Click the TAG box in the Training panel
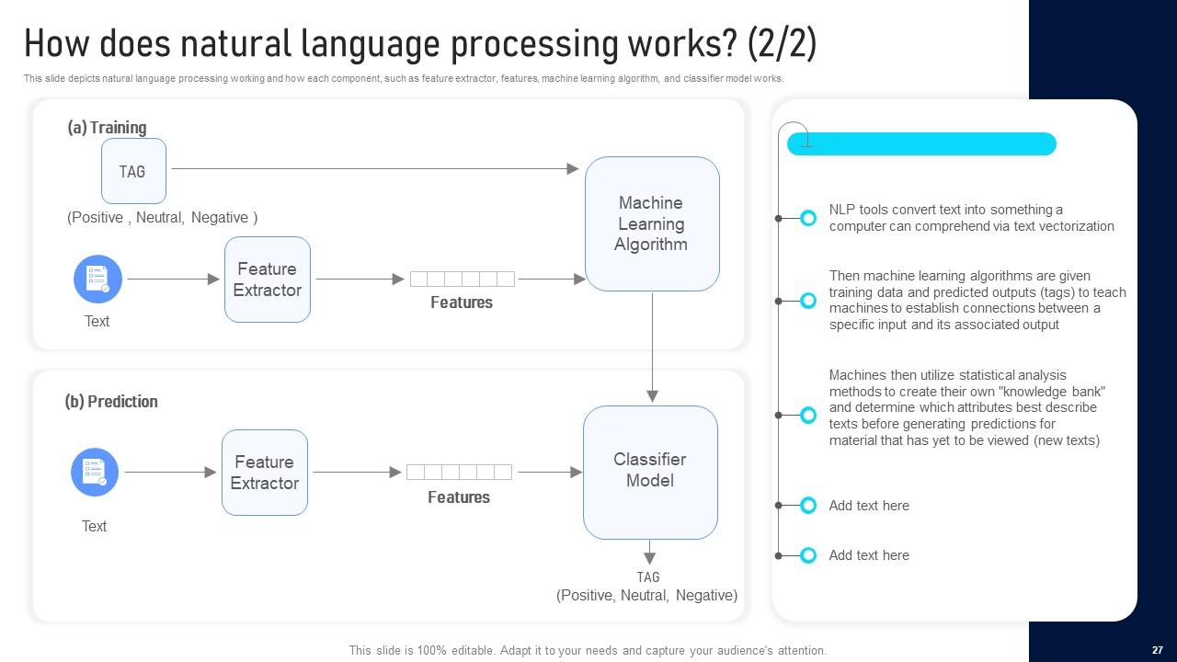coord(133,171)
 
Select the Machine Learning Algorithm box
coord(651,223)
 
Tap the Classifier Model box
coord(650,471)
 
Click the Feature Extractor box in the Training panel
coord(267,280)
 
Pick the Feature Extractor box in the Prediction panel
coord(264,473)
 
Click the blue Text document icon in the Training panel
coord(97,279)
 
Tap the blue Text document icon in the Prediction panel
coord(95,472)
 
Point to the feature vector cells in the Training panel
coord(462,279)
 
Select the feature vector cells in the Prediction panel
coord(459,472)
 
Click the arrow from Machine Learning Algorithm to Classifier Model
coord(652,345)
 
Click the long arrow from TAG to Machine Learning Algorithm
coord(372,168)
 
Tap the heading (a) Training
coord(107,128)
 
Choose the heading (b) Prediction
coord(111,402)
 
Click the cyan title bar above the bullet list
coord(921,144)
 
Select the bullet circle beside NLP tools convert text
coord(808,218)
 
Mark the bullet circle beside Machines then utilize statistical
coord(808,415)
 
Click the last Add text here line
coord(869,555)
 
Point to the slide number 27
coord(1157,650)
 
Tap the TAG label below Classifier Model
coord(648,577)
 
